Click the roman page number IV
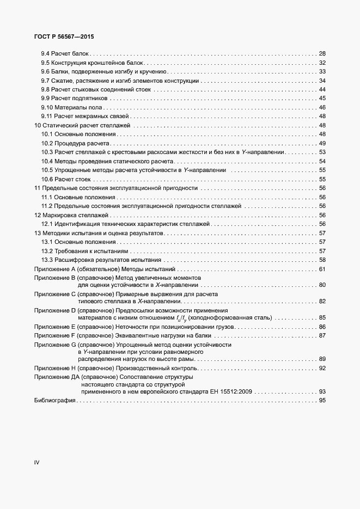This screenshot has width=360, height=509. point(37,463)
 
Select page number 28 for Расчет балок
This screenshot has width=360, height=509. point(322,54)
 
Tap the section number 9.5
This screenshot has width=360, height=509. point(46,63)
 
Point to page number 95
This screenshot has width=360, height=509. point(322,401)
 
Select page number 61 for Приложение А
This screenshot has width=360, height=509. point(322,269)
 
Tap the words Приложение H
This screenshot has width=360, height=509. point(54,368)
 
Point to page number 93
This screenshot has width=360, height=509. point(322,391)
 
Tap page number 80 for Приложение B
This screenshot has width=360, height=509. point(322,285)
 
